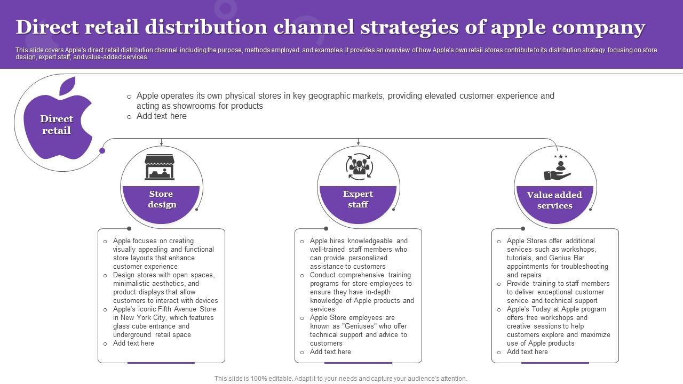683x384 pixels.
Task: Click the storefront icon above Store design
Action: (x=160, y=167)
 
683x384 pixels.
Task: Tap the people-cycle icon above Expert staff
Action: (x=359, y=167)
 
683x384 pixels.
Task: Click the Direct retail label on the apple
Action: (x=57, y=125)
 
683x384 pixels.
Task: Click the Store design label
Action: (x=161, y=199)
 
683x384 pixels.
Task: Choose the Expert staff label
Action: (x=358, y=199)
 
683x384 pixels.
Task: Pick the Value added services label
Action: (x=554, y=200)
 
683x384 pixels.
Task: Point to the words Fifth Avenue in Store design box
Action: (x=177, y=309)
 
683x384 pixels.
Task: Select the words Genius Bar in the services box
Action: (x=566, y=258)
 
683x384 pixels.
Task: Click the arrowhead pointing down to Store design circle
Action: (x=162, y=143)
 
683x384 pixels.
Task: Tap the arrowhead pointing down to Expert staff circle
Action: (x=359, y=143)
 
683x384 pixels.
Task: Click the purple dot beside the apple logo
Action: (x=102, y=151)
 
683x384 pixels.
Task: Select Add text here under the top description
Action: (x=161, y=116)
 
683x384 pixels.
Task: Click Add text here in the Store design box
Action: (x=133, y=343)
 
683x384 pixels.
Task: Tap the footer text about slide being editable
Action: (x=340, y=378)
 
